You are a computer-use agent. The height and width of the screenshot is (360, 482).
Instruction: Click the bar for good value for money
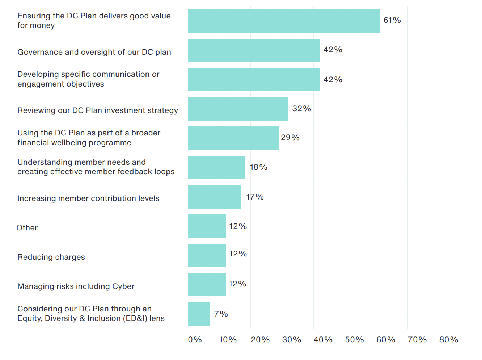(x=283, y=21)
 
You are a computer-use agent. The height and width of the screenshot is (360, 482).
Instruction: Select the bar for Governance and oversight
(x=254, y=50)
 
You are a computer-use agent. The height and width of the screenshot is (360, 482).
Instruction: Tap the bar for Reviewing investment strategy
(x=238, y=109)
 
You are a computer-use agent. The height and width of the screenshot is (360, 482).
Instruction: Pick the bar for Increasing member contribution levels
(x=214, y=197)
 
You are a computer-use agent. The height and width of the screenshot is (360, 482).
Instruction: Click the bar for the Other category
(x=207, y=226)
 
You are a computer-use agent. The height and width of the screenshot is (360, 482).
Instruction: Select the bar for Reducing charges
(x=207, y=255)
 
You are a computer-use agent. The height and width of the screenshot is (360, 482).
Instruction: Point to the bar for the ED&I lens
(x=199, y=314)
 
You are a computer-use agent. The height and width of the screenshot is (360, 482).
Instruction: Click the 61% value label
(x=392, y=20)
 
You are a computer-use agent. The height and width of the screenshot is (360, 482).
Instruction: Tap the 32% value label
(x=301, y=109)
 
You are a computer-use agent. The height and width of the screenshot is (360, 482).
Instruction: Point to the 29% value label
(x=290, y=138)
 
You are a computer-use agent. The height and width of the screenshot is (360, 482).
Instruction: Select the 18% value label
(x=258, y=167)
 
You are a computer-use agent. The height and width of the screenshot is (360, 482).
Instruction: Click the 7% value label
(x=221, y=314)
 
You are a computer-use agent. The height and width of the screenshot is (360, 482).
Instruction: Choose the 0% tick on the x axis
(x=195, y=340)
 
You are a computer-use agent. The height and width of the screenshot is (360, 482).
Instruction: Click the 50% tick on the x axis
(x=354, y=340)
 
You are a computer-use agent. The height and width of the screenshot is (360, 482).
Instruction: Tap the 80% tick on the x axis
(x=448, y=340)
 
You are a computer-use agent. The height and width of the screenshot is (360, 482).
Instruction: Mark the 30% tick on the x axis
(x=291, y=340)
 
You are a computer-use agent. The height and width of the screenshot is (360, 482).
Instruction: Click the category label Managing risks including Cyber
(x=76, y=286)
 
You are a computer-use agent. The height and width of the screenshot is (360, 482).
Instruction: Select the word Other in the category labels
(x=27, y=228)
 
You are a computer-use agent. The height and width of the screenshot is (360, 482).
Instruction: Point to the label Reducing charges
(x=51, y=257)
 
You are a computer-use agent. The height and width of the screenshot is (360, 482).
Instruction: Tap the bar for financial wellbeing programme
(x=233, y=138)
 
